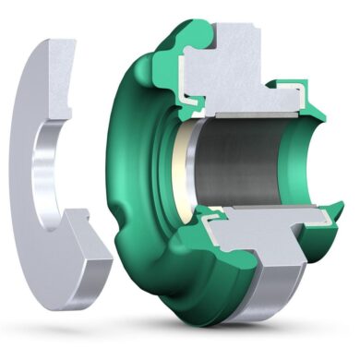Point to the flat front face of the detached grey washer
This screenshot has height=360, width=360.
coord(28,111)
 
